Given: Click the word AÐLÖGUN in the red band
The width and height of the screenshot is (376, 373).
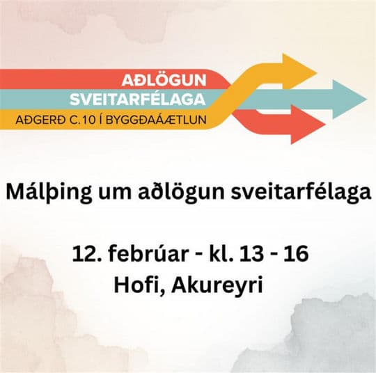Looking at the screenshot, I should [164, 78].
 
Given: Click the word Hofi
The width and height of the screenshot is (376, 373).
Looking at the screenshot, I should [139, 285].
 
